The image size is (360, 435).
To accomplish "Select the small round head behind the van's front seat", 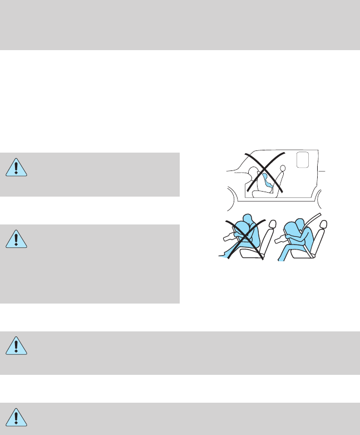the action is [x=283, y=168].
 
